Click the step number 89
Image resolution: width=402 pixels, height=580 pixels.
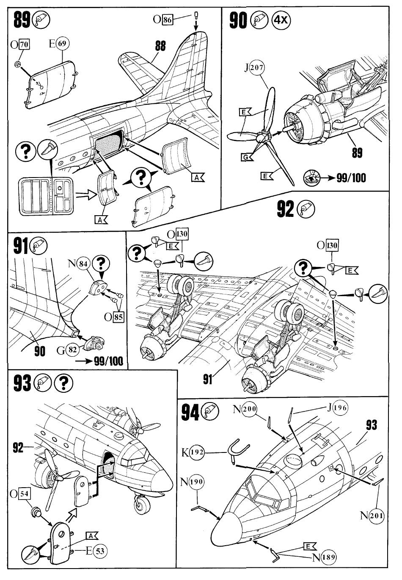[x=22, y=19]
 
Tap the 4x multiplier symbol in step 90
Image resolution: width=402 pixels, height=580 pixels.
[x=281, y=20]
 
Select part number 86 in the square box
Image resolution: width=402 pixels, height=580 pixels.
[x=168, y=19]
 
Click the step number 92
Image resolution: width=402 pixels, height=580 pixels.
[x=286, y=209]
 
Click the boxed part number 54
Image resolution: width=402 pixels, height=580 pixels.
[x=25, y=494]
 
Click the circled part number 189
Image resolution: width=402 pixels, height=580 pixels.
[x=329, y=557]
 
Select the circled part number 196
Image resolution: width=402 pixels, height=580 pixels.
[x=339, y=408]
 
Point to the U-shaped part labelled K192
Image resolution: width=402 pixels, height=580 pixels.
[x=239, y=450]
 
